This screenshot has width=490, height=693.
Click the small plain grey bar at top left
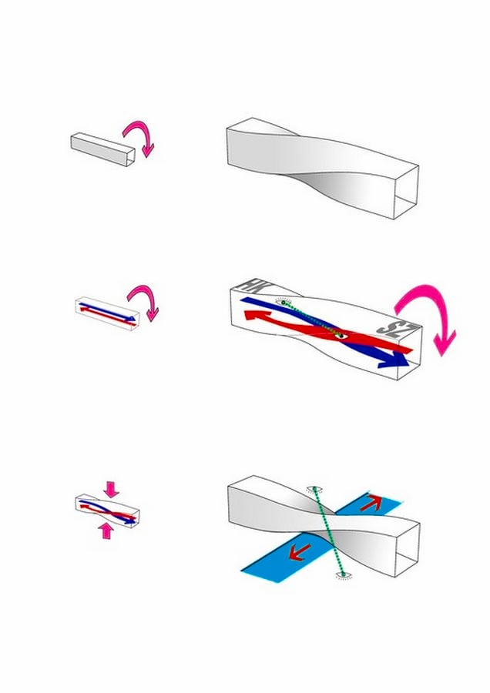(102, 149)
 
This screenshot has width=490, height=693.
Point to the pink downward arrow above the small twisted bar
(111, 488)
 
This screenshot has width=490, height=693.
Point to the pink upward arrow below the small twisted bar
(106, 530)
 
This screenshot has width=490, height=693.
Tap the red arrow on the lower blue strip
(300, 552)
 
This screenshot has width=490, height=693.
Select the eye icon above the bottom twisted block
(314, 489)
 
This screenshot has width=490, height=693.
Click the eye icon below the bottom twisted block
(342, 574)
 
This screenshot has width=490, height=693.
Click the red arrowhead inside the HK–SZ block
(255, 316)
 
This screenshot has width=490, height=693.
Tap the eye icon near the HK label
(283, 303)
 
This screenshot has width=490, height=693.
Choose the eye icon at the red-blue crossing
(340, 336)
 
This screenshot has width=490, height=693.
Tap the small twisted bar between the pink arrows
(107, 510)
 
